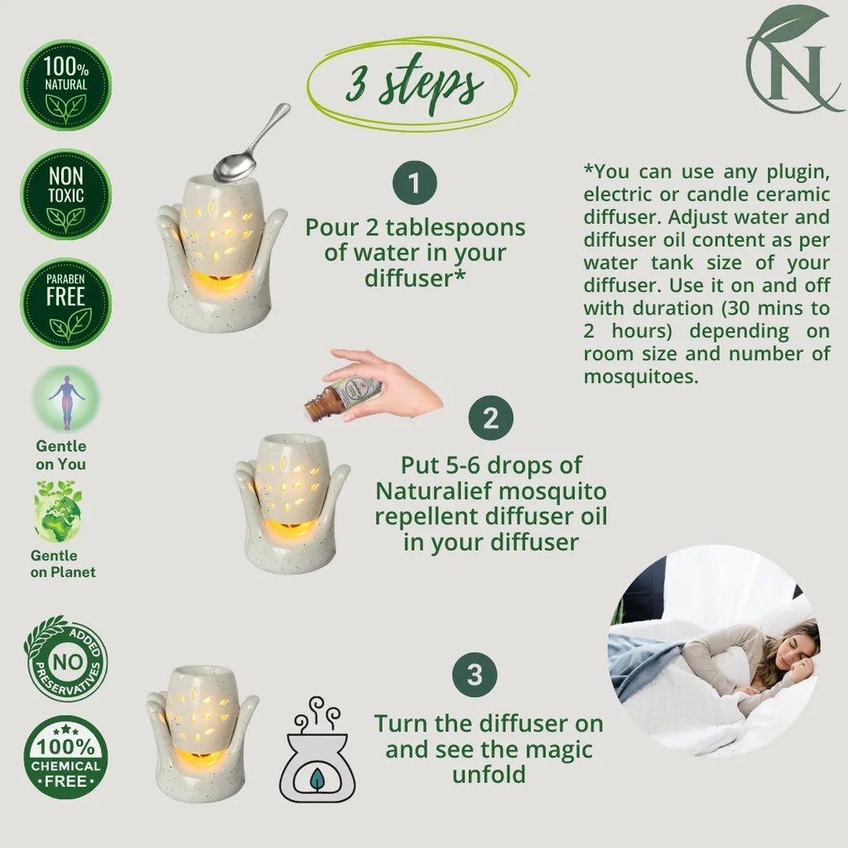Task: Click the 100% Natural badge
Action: [x=66, y=85]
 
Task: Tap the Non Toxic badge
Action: [x=66, y=195]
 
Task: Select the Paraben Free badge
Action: [x=66, y=303]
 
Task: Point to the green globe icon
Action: [x=58, y=512]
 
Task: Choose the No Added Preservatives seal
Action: [x=66, y=658]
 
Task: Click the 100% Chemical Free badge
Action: [x=66, y=757]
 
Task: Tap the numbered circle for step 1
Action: [x=415, y=183]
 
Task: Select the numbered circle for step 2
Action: [x=490, y=418]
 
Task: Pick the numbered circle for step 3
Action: [x=475, y=674]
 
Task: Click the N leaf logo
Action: [x=794, y=60]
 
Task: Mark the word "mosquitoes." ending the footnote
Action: [x=641, y=377]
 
